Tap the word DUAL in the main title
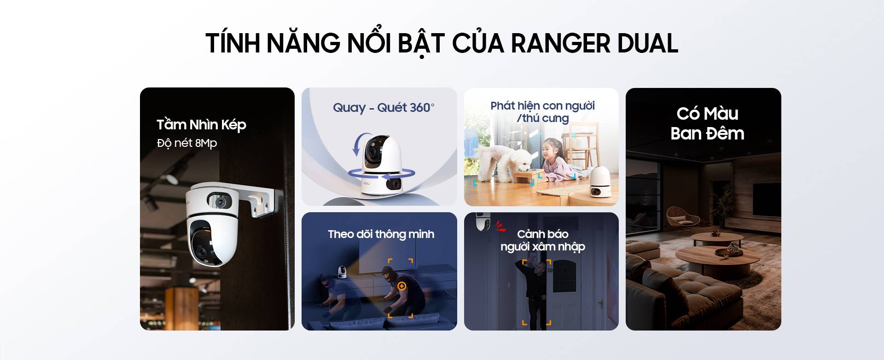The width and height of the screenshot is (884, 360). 648,43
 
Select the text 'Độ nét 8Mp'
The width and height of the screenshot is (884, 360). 187,143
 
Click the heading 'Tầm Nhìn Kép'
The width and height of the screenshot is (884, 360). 201,125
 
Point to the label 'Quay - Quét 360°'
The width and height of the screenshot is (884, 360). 384,107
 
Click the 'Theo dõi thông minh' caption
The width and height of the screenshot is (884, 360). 381,234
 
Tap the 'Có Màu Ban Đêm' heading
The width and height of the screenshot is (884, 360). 707,123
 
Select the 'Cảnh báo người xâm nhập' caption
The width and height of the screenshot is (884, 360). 542,240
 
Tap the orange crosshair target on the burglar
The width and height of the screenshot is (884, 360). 402,286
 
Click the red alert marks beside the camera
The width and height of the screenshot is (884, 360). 500,226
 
